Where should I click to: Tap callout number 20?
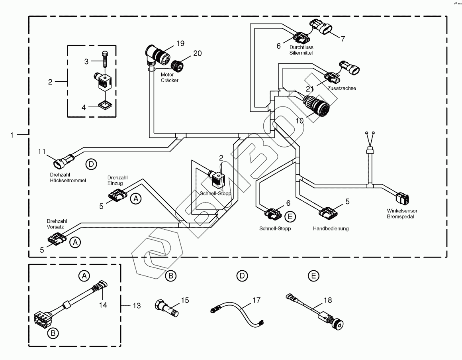coord(197,53)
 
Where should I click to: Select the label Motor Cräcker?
coord(169,77)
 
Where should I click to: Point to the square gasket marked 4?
coord(104,106)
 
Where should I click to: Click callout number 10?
coord(299,120)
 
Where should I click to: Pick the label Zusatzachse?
coord(341,89)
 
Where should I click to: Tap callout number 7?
coord(343,39)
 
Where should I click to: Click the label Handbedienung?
coord(331,228)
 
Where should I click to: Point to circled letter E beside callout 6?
coord(290,216)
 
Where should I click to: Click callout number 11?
coord(42,151)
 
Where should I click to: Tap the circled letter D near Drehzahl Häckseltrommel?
coord(91,163)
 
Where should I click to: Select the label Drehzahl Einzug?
coord(115,180)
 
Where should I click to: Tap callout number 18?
coord(328,300)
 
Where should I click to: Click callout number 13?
coord(137,306)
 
